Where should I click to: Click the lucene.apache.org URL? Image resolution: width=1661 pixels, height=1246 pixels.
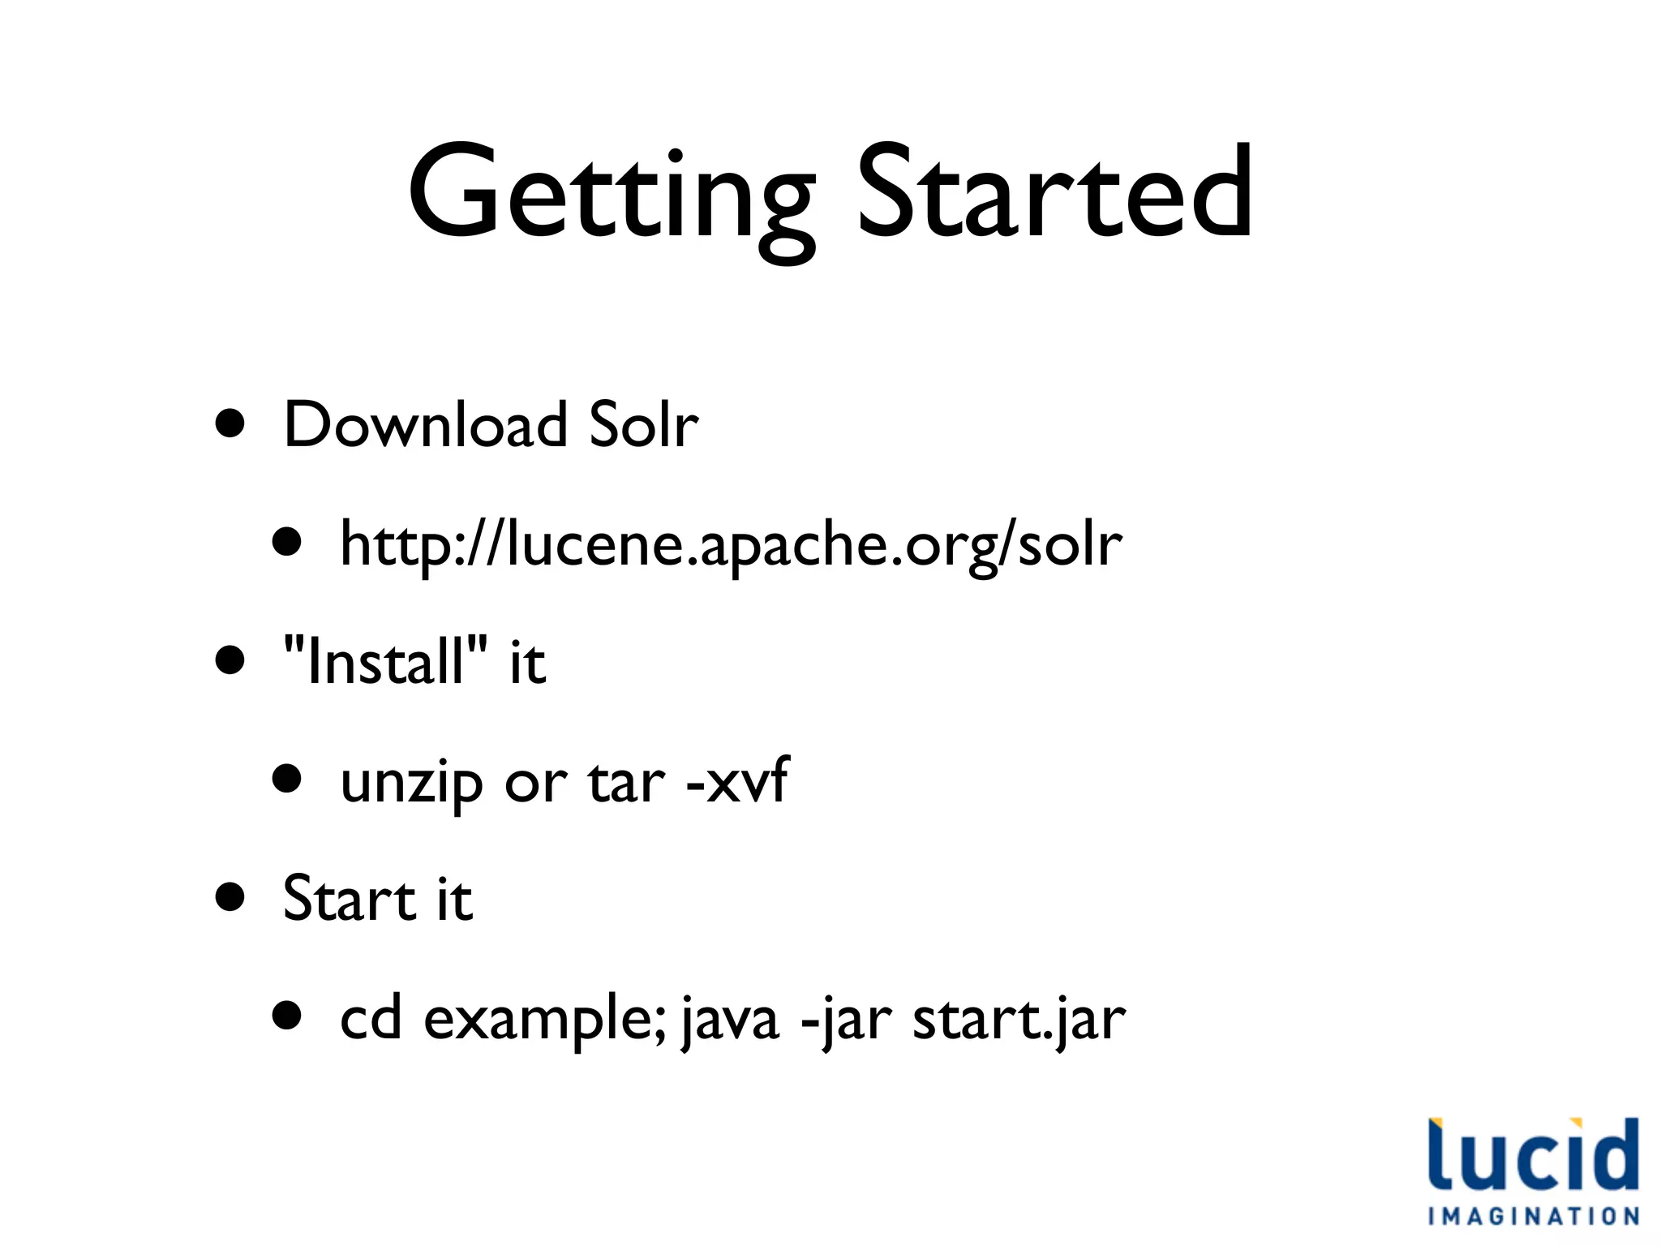pyautogui.click(x=731, y=544)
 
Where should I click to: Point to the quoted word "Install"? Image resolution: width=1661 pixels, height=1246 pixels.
pyautogui.click(x=386, y=661)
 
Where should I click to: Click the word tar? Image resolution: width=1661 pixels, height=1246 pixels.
pyautogui.click(x=627, y=783)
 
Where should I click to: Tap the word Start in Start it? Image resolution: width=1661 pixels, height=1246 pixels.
pyautogui.click(x=350, y=899)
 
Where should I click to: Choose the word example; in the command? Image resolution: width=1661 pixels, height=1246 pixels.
pyautogui.click(x=545, y=1020)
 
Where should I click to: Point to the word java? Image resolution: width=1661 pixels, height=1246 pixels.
pyautogui.click(x=730, y=1020)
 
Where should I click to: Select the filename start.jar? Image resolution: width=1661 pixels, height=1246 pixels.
pyautogui.click(x=1019, y=1020)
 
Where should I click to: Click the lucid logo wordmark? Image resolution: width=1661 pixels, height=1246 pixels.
pyautogui.click(x=1533, y=1155)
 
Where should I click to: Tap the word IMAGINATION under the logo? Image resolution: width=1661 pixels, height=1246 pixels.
pyautogui.click(x=1533, y=1216)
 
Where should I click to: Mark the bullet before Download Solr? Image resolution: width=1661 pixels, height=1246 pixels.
pyautogui.click(x=230, y=423)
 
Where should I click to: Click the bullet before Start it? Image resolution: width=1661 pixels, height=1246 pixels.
pyautogui.click(x=230, y=898)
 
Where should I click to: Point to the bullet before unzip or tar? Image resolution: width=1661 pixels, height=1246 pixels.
pyautogui.click(x=287, y=780)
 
